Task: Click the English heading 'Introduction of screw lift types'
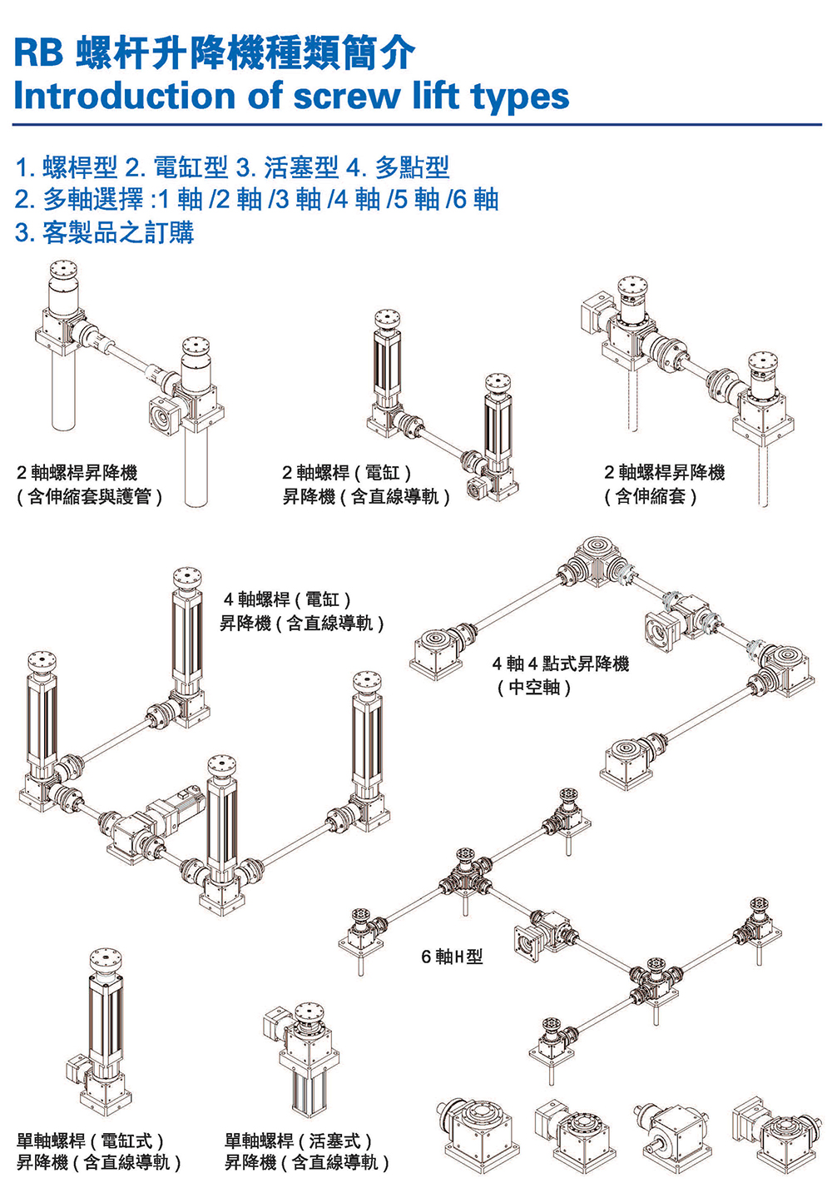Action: coord(291,96)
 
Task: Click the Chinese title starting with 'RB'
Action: coord(214,53)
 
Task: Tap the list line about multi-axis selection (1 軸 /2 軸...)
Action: coord(256,200)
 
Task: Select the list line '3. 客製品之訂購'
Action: coord(104,232)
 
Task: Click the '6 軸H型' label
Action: coord(452,957)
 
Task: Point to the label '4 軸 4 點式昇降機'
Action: coord(560,664)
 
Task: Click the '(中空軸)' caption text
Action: coord(534,688)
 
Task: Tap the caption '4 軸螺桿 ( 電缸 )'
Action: coord(288,599)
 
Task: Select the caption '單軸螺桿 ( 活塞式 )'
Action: coord(299,1141)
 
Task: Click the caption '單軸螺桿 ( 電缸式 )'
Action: coord(91,1141)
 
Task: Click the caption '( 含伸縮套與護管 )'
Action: coord(89,497)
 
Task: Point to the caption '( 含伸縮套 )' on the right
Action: coord(651,497)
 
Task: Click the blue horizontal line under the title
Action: coord(416,125)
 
